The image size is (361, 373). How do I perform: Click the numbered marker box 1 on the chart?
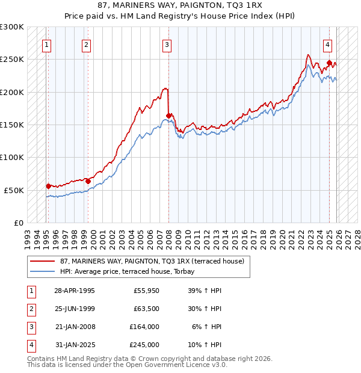46,44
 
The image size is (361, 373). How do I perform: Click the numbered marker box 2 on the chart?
87,44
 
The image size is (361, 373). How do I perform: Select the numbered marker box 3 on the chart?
167,44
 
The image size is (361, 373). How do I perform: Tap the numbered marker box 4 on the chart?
327,44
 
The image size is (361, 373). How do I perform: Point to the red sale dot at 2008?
169,116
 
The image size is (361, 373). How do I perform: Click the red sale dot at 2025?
329,63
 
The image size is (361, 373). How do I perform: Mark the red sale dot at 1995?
49,186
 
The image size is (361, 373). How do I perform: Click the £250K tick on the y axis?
13,60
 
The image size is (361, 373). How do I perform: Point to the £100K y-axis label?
13,157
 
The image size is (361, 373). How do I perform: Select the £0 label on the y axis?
17,223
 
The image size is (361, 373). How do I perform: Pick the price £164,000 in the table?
144,327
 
